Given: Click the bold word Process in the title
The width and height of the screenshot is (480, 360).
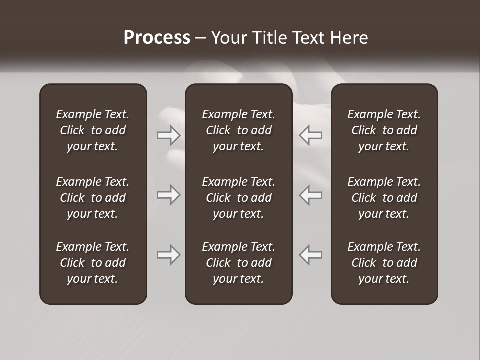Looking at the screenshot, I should point(157,38).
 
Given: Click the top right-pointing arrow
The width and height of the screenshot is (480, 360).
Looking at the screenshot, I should point(168,135).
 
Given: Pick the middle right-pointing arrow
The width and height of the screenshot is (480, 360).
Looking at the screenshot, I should point(168,195).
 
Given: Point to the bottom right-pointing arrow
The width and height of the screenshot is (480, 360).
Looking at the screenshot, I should point(168,255).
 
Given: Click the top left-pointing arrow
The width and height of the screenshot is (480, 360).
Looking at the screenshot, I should point(310,135).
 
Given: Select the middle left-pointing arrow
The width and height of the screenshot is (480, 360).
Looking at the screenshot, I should point(310,195).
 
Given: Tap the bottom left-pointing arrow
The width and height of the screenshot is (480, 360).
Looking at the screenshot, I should point(310,255).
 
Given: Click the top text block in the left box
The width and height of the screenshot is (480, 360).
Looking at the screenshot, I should point(93,130).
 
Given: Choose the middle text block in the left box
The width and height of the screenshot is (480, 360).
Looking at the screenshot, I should point(93,198).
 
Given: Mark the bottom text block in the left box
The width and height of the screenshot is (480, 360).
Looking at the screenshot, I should point(93,263).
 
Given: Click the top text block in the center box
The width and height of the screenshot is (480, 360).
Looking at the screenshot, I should point(238,130).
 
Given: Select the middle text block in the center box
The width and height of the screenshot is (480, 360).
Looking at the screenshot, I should point(238,198).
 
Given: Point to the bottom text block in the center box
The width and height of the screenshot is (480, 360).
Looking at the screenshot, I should point(238,263).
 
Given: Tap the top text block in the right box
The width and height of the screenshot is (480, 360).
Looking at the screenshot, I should point(384,130).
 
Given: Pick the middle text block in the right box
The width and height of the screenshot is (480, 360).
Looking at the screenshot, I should point(384,198).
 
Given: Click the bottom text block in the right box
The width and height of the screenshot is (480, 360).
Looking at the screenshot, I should point(384,263).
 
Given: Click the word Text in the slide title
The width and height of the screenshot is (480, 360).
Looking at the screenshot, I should point(307,38).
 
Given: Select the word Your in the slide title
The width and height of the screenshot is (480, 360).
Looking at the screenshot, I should point(228,38).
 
